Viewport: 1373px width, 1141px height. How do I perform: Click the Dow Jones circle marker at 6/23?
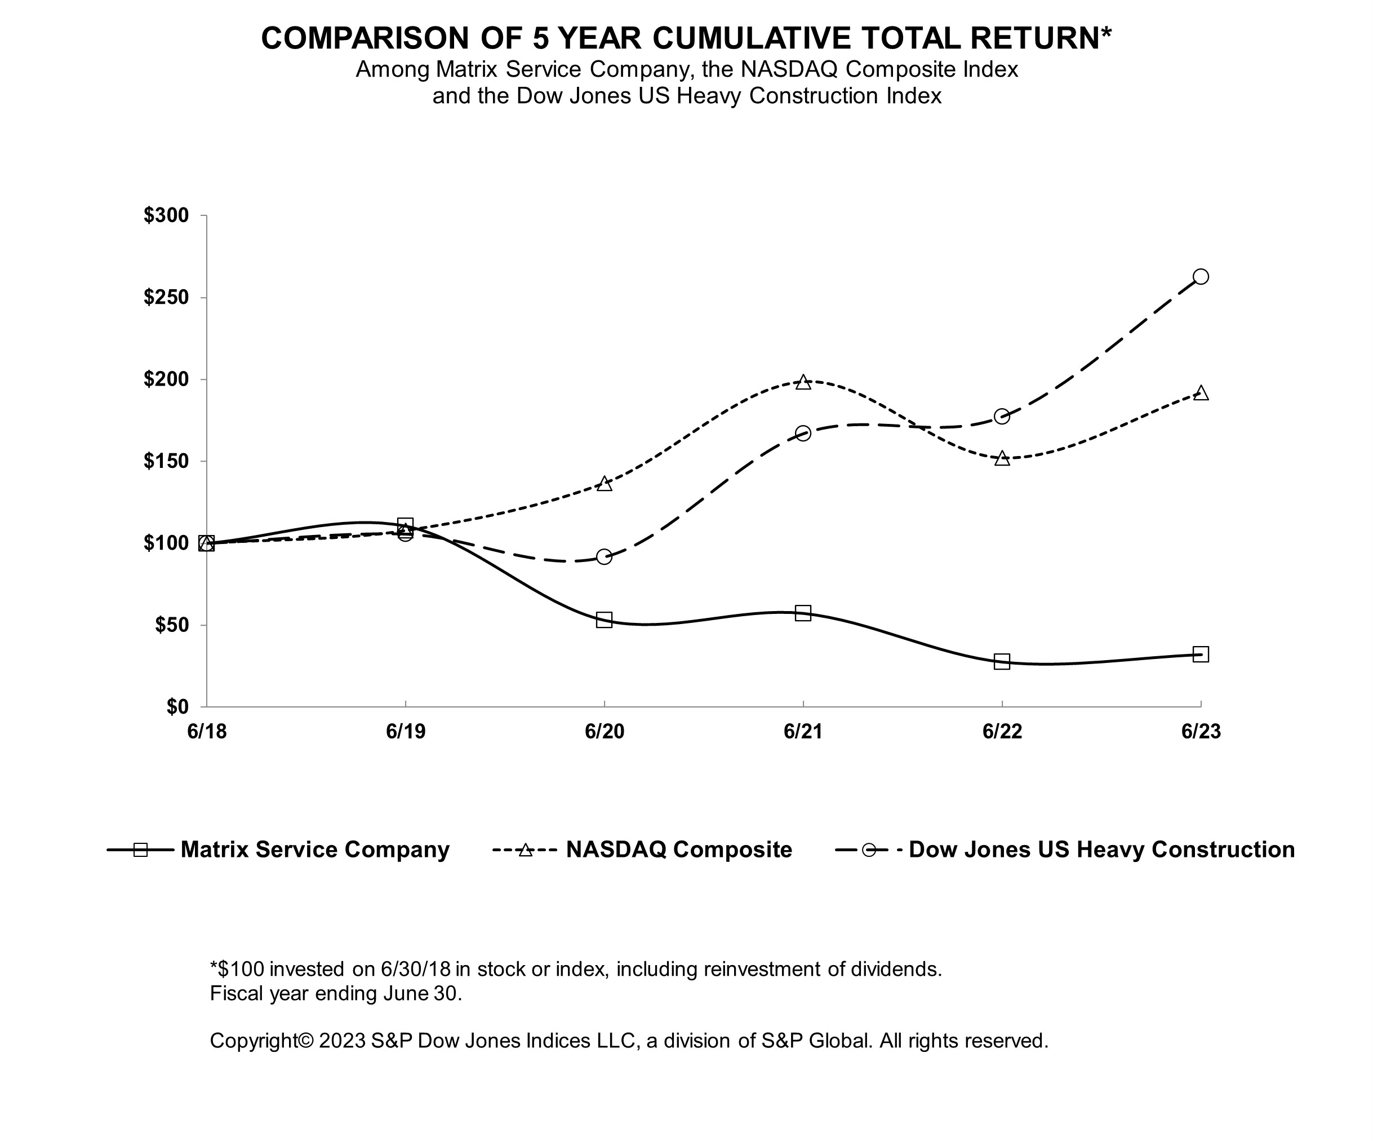[x=1201, y=277]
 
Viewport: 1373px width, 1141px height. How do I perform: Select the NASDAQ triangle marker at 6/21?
[x=803, y=383]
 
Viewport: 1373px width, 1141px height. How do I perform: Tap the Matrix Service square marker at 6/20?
[x=604, y=620]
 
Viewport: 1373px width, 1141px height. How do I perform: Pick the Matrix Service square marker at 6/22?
[x=1002, y=661]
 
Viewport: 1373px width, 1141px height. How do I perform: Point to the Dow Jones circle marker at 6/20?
[x=604, y=557]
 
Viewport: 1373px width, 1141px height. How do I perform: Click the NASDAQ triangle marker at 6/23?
[x=1201, y=393]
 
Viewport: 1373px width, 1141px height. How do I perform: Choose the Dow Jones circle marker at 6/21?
[x=803, y=433]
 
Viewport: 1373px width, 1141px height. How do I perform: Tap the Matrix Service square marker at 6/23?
[x=1201, y=654]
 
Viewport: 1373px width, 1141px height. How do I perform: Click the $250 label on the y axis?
[x=166, y=298]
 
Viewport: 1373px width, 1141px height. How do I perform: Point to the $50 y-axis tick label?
[x=171, y=625]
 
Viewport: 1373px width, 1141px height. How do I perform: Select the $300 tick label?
[x=166, y=215]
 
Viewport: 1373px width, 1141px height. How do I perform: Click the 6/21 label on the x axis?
[x=803, y=731]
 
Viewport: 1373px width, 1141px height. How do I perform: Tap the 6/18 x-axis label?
[x=207, y=731]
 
